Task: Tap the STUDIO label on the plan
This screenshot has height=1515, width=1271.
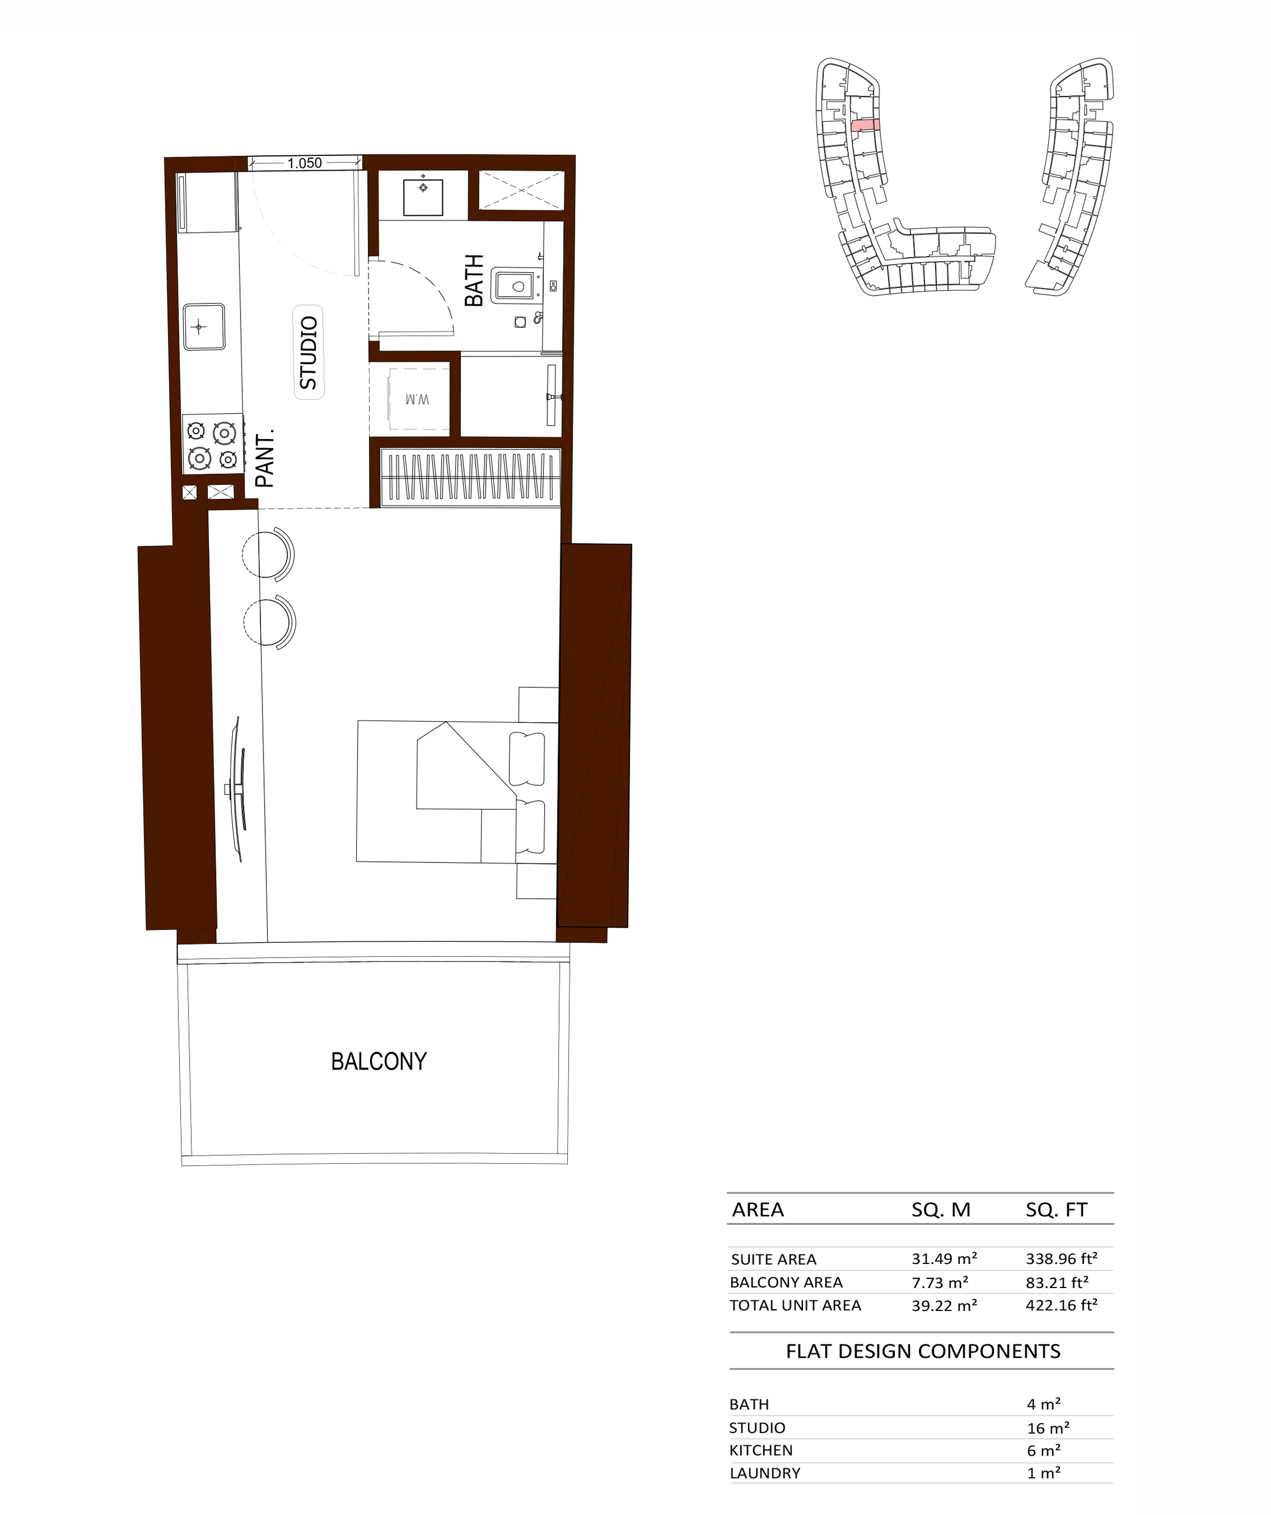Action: [x=309, y=352]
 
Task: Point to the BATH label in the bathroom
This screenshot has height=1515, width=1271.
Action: [x=474, y=280]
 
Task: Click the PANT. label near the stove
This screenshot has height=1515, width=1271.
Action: [x=265, y=459]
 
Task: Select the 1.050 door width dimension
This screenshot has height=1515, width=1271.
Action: [x=305, y=163]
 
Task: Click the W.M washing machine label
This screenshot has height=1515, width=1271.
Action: [x=417, y=399]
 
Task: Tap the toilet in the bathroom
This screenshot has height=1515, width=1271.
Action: [x=516, y=286]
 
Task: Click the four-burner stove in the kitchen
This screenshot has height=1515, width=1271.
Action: [x=212, y=444]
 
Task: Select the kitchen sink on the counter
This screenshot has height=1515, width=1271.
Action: [x=204, y=327]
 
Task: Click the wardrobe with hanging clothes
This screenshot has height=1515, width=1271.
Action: [x=471, y=476]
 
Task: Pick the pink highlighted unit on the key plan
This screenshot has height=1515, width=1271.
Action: [x=866, y=125]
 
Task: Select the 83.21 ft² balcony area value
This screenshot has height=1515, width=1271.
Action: [x=1057, y=1282]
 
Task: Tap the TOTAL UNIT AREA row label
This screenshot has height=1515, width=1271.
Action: [x=795, y=1305]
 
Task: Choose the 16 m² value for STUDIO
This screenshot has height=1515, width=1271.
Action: [x=1048, y=1428]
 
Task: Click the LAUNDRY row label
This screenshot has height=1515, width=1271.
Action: [x=765, y=1473]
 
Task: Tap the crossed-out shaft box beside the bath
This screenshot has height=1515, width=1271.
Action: [x=522, y=191]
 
